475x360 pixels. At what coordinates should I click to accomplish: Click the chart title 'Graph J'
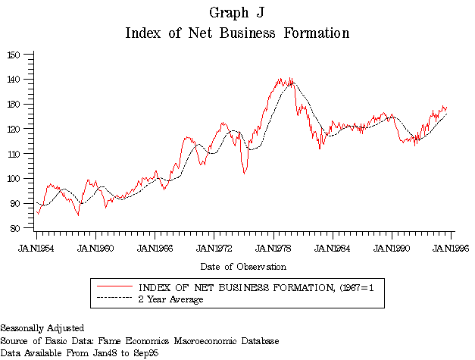tap(237, 13)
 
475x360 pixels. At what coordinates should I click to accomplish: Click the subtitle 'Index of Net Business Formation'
tap(237, 33)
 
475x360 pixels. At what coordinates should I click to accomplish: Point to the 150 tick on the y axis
tap(14, 55)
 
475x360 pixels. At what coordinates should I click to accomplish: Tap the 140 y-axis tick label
tap(14, 80)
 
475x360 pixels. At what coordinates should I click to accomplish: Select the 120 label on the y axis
tap(14, 129)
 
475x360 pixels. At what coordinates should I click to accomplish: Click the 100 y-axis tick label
tap(14, 179)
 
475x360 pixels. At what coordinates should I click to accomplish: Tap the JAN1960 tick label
tap(95, 247)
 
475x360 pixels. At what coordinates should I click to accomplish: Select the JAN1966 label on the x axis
tap(155, 247)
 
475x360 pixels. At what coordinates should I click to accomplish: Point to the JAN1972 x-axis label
tap(214, 247)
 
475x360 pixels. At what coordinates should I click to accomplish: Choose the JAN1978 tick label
tap(273, 247)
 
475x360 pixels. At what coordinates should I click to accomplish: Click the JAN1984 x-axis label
tap(333, 247)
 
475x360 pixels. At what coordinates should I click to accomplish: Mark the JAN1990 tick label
tap(392, 247)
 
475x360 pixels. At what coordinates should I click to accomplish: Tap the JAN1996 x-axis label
tap(451, 247)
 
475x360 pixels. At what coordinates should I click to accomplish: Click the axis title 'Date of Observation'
tap(243, 267)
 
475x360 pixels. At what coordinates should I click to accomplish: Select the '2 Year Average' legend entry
tap(170, 299)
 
